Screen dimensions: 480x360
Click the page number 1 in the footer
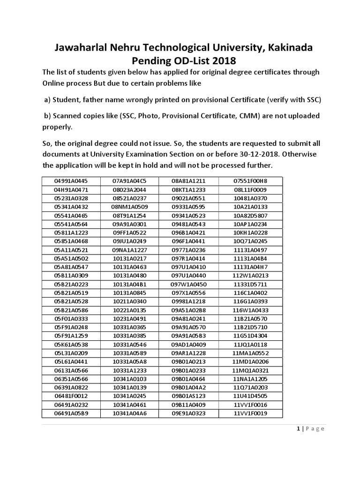click(298, 429)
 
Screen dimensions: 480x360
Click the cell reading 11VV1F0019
click(250, 413)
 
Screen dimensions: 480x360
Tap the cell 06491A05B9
click(71, 413)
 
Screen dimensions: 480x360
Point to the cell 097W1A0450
click(188, 284)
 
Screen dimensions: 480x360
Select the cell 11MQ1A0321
click(250, 370)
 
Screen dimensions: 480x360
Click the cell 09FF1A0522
click(130, 232)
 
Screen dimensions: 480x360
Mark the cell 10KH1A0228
click(250, 232)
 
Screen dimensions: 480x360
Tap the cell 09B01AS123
click(188, 396)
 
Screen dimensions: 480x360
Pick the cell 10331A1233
click(130, 370)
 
